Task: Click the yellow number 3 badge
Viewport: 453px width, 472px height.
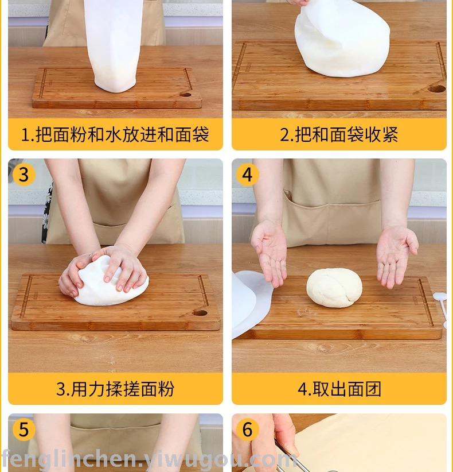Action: (x=24, y=175)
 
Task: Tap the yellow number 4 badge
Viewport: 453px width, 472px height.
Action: (x=247, y=175)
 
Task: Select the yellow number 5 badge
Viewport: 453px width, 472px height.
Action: (x=24, y=430)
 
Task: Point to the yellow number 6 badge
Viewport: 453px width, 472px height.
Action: (x=247, y=430)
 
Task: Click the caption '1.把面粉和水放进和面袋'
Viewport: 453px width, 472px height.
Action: (x=115, y=134)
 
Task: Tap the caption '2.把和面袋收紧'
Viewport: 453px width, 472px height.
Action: (x=339, y=134)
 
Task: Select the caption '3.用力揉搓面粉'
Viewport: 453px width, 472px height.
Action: (x=115, y=389)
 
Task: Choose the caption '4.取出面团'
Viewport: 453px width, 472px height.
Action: (x=339, y=389)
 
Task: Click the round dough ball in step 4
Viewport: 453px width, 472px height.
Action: (x=334, y=288)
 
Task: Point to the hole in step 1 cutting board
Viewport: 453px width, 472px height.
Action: (x=185, y=95)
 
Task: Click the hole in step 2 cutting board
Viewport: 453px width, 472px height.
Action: (x=436, y=88)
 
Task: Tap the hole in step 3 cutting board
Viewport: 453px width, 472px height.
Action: (x=200, y=313)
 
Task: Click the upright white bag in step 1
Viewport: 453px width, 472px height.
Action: (x=115, y=45)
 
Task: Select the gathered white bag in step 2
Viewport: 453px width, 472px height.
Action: (x=342, y=38)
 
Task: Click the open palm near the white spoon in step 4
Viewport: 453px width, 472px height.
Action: (x=396, y=256)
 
